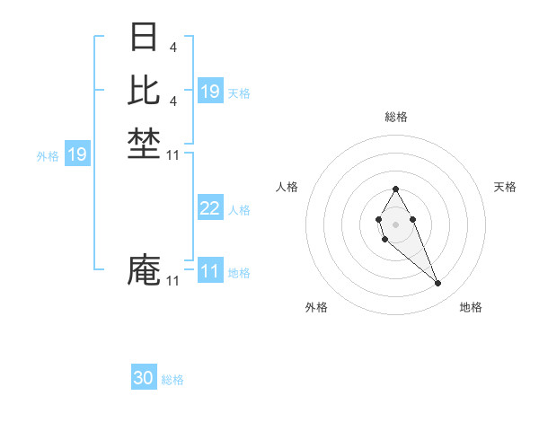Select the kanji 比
click(x=144, y=90)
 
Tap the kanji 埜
click(x=144, y=145)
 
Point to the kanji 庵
click(x=144, y=270)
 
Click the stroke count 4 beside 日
click(x=172, y=46)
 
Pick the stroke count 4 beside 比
click(x=172, y=101)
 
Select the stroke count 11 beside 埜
click(x=173, y=155)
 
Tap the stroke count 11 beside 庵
click(x=173, y=281)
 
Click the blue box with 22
click(x=210, y=208)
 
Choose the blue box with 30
click(x=144, y=379)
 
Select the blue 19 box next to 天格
click(x=210, y=92)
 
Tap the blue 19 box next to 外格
click(x=77, y=154)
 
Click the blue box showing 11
click(x=210, y=271)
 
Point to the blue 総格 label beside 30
click(x=172, y=380)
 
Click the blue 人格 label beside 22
click(x=239, y=210)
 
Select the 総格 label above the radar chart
click(x=396, y=118)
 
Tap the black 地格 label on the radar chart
click(x=471, y=308)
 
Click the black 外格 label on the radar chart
click(x=316, y=308)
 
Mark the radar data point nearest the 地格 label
click(x=438, y=284)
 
